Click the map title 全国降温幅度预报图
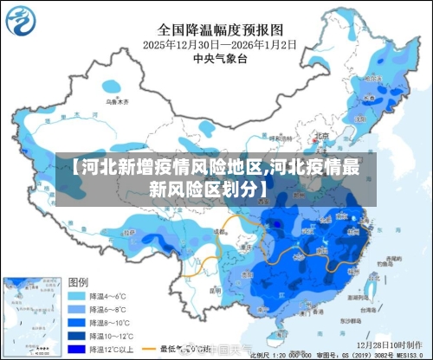tap(216, 28)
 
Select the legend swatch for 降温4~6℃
tap(81, 295)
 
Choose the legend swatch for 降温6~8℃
tap(81, 310)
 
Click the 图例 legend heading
tap(79, 282)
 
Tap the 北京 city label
tap(321, 135)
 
